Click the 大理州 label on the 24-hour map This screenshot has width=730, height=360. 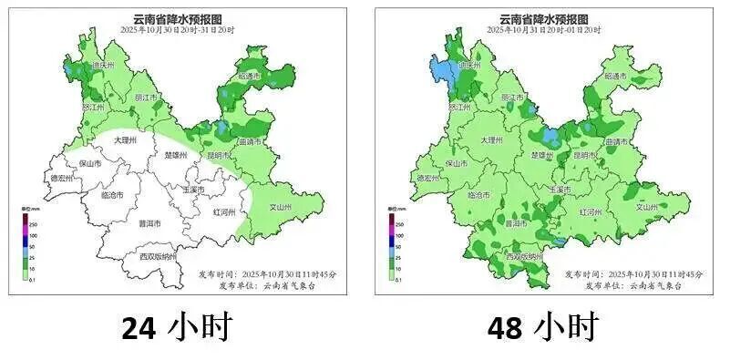124,141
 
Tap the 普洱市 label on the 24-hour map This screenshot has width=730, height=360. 149,223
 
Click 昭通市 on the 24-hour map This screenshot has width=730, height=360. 250,77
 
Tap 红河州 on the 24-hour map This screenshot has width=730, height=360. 223,211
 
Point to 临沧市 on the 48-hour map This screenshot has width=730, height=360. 478,195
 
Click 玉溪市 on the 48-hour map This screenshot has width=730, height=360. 560,190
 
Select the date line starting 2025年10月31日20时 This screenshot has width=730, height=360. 543,30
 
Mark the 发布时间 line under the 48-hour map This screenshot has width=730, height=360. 629,273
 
